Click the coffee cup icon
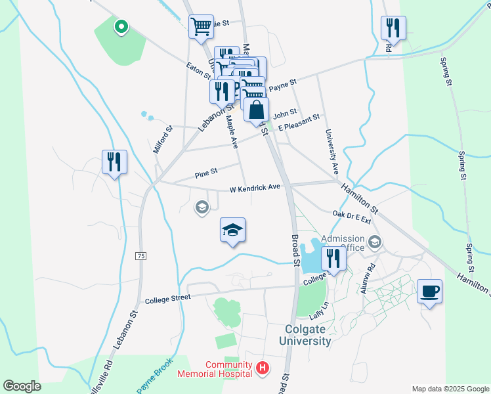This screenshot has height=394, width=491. click(429, 291)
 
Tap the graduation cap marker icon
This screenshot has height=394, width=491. click(232, 230)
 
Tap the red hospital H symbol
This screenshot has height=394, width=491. click(263, 368)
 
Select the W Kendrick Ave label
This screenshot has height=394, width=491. click(255, 188)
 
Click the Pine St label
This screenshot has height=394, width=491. click(205, 173)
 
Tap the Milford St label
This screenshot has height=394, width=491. click(161, 139)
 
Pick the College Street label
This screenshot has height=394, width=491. click(167, 297)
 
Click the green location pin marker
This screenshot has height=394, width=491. click(121, 26)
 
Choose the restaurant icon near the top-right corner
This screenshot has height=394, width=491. click(393, 27)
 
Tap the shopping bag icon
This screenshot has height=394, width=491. click(256, 109)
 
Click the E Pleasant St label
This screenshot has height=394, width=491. click(298, 123)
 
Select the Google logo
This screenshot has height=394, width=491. click(22, 386)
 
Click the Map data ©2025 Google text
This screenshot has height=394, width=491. click(450, 388)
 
